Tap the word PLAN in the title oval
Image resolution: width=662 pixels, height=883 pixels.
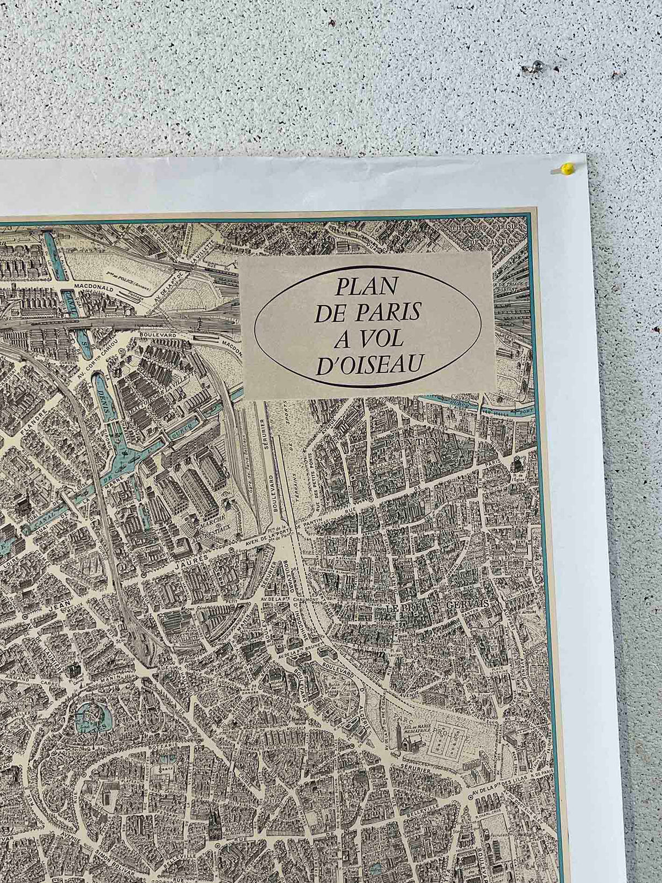(367, 286)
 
